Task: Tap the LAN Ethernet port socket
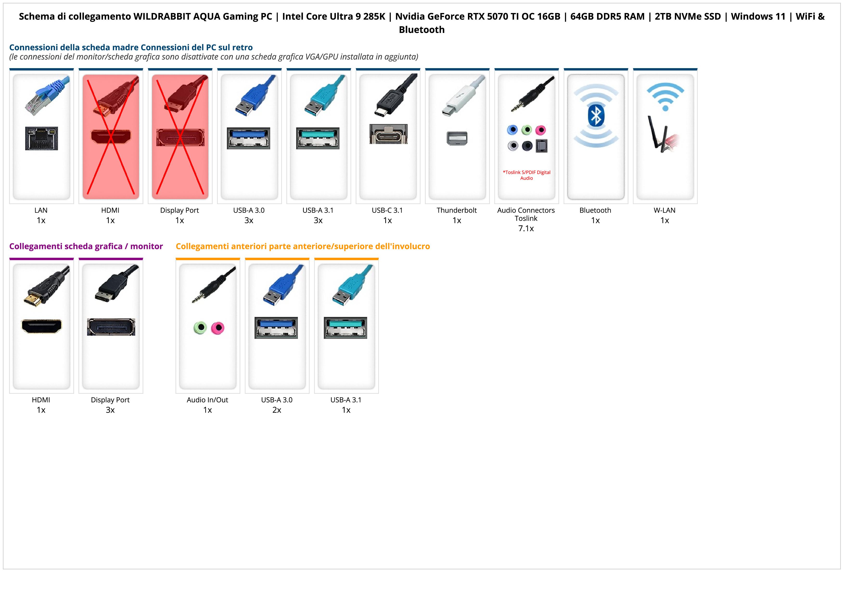click(x=42, y=138)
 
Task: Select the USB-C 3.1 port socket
click(x=388, y=134)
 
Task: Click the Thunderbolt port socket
click(x=457, y=138)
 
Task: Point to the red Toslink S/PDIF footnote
click(x=526, y=175)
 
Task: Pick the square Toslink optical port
click(x=542, y=146)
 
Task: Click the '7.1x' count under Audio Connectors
click(x=526, y=229)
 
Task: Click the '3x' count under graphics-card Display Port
click(x=110, y=410)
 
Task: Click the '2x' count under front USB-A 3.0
click(x=277, y=410)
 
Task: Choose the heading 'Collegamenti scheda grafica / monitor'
click(x=86, y=246)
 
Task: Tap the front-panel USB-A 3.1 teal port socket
click(x=345, y=328)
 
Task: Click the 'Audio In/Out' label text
click(x=207, y=400)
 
